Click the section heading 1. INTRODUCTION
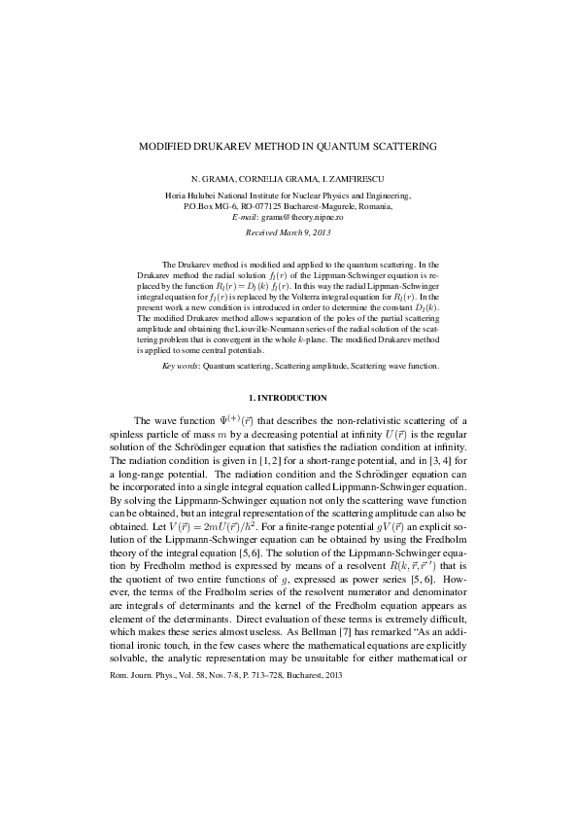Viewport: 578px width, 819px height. (x=289, y=399)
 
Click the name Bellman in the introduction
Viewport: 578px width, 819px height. (x=255, y=619)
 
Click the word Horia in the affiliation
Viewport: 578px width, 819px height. (x=179, y=196)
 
